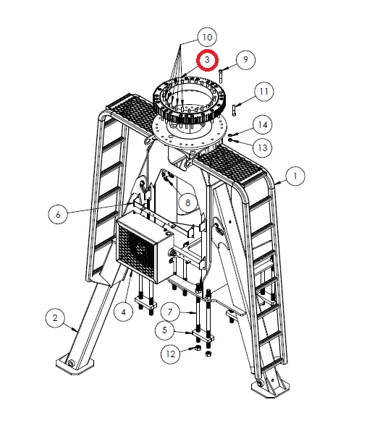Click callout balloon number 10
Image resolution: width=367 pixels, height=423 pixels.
click(208, 37)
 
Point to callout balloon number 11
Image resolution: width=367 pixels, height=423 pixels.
click(263, 92)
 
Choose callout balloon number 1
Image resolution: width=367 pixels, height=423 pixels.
click(295, 175)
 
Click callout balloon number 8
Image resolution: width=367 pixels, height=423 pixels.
click(187, 203)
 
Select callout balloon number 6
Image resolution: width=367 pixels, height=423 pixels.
click(58, 213)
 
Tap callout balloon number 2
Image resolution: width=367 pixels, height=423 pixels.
click(55, 317)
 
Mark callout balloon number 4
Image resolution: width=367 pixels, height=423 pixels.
click(125, 313)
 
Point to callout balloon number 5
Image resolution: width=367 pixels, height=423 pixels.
click(167, 331)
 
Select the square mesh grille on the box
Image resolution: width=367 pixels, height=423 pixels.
click(138, 249)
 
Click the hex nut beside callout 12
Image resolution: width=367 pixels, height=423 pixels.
click(198, 349)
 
